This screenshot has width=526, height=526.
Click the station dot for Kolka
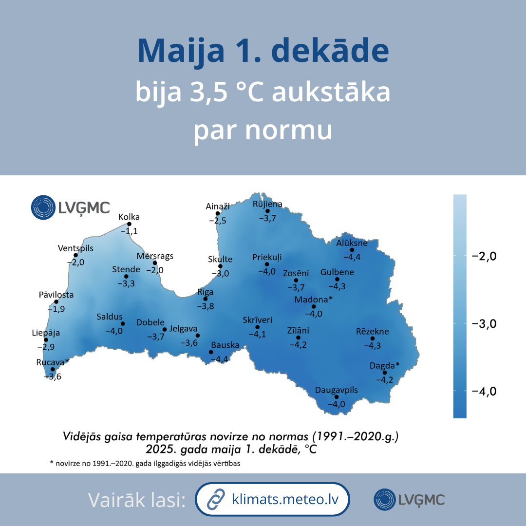click(129, 224)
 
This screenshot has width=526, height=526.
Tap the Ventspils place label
click(75, 248)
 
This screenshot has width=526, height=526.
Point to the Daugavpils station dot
click(337, 397)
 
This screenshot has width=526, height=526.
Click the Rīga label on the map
click(205, 292)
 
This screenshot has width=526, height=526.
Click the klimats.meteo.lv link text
click(284, 499)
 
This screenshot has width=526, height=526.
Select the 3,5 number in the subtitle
click(212, 94)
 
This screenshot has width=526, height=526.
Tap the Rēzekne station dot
click(372, 338)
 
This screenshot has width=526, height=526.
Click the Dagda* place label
click(384, 365)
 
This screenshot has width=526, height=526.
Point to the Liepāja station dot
click(46, 340)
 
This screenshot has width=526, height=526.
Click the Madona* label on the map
click(313, 299)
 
